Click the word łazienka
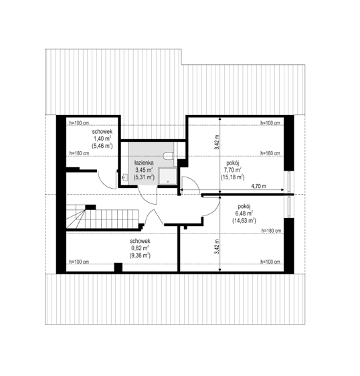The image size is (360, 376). pyautogui.click(x=144, y=163)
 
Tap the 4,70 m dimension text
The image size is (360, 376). pyautogui.click(x=258, y=186)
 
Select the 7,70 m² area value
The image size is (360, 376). pyautogui.click(x=233, y=170)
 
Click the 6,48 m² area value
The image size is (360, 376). pyautogui.click(x=244, y=213)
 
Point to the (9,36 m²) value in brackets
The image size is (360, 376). pyautogui.click(x=140, y=256)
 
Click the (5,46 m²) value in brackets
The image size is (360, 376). pyautogui.click(x=102, y=146)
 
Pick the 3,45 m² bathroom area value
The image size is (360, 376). pyautogui.click(x=144, y=170)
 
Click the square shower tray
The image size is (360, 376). pyautogui.click(x=167, y=176)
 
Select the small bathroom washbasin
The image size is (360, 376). pyautogui.click(x=124, y=178)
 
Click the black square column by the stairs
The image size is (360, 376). pyautogui.click(x=90, y=207)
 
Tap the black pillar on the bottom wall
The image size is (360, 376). pyautogui.click(x=118, y=268)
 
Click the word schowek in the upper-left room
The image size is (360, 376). pyautogui.click(x=102, y=132)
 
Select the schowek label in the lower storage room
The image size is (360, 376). pyautogui.click(x=140, y=241)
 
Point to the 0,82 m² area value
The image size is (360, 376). pyautogui.click(x=140, y=248)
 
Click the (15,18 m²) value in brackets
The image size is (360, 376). pyautogui.click(x=233, y=177)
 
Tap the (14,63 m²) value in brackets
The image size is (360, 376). pyautogui.click(x=244, y=220)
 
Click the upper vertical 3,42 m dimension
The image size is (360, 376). pyautogui.click(x=217, y=143)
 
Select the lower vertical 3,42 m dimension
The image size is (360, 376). pyautogui.click(x=217, y=246)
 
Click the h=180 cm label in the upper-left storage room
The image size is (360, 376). pyautogui.click(x=79, y=153)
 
